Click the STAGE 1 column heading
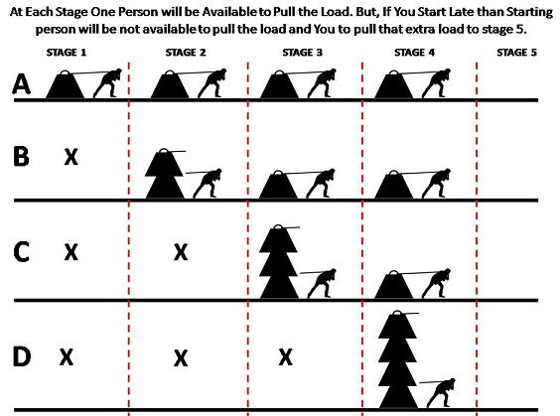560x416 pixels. point(67,53)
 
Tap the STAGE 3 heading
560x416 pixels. point(303,53)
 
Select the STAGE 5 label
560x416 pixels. point(516,53)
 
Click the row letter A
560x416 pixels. point(21,84)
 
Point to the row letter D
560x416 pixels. point(22,356)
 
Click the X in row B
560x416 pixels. point(71,157)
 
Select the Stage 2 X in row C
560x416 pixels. point(181,252)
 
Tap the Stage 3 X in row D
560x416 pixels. point(285,357)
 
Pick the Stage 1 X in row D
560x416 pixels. point(67,357)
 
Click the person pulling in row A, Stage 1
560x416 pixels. point(108,83)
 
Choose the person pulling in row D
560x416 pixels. point(441,393)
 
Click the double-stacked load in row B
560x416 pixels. point(164,174)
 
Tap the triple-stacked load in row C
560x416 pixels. point(279,262)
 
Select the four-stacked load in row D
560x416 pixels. point(398,359)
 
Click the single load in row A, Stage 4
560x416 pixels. point(394,84)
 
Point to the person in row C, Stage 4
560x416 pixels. point(436,283)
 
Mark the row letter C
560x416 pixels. point(21,252)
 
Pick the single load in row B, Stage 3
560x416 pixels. point(279,185)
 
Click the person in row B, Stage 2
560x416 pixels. point(208,184)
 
